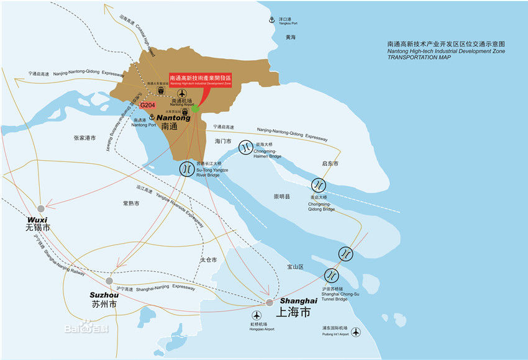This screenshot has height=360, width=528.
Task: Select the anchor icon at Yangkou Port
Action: (x=271, y=20)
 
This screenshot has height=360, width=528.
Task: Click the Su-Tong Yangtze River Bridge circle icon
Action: (x=186, y=168)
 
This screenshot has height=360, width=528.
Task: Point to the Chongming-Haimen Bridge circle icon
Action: (x=245, y=146)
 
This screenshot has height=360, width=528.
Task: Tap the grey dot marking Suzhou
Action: (x=109, y=281)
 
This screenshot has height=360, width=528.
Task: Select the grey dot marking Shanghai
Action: (x=269, y=302)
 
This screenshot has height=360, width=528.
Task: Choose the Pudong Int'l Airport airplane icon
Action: (x=355, y=332)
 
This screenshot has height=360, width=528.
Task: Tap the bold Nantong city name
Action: (x=174, y=117)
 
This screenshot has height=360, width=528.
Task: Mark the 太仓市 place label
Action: (x=208, y=259)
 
